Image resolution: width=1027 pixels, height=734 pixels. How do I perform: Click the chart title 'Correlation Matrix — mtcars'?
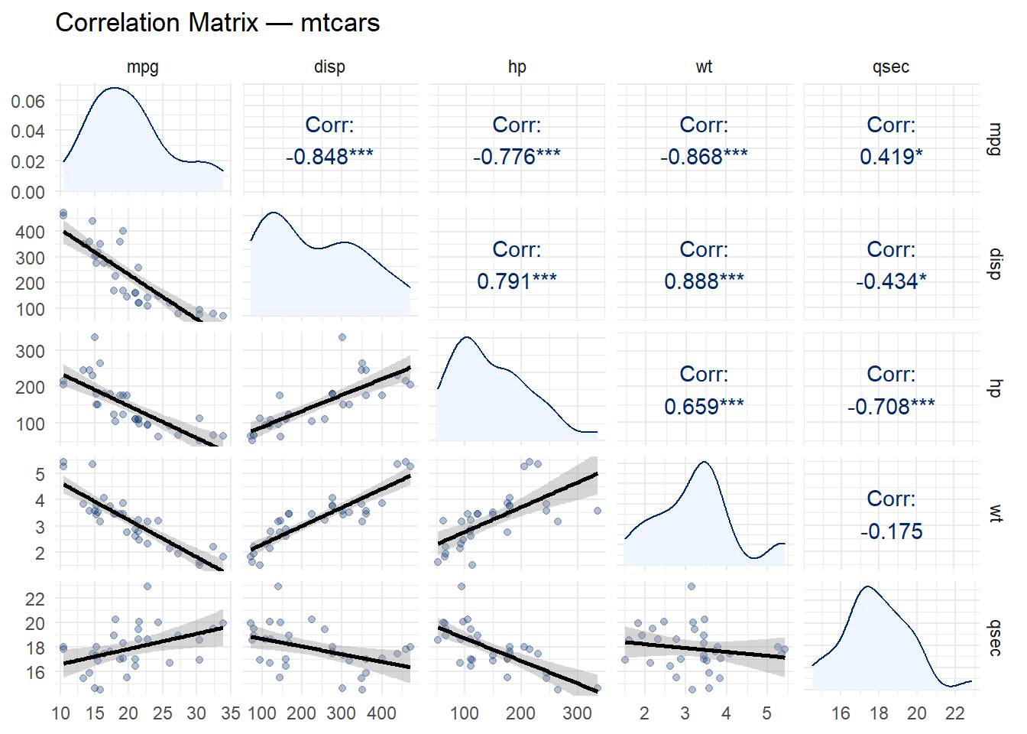tap(218, 23)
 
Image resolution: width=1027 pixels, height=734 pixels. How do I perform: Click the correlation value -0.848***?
tap(329, 157)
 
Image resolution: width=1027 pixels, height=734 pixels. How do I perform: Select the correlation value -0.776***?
tap(517, 157)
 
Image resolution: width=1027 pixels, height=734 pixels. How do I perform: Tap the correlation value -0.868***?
tap(704, 157)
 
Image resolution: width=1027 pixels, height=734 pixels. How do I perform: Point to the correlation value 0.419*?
tap(891, 157)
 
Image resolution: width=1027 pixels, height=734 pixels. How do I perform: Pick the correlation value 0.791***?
tap(517, 281)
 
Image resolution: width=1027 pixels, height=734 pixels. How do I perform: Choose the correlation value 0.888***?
tap(704, 281)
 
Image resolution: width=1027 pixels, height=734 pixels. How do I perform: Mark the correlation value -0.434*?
tap(891, 281)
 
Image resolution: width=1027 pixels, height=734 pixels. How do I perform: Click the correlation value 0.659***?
tap(704, 406)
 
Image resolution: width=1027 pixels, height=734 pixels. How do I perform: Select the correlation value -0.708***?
tap(891, 406)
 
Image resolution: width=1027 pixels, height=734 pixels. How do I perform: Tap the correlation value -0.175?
tap(891, 531)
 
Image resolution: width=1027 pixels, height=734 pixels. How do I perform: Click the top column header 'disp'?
tap(329, 67)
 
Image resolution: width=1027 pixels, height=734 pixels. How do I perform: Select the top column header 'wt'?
tap(704, 67)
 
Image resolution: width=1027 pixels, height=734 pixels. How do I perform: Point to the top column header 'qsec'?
tap(891, 67)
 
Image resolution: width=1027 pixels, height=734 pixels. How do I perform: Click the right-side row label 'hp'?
tap(994, 388)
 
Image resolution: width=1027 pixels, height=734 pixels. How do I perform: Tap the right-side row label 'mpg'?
tap(994, 138)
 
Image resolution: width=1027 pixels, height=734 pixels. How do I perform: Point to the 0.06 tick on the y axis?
tap(28, 101)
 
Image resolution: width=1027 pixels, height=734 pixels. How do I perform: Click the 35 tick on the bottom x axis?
tap(231, 713)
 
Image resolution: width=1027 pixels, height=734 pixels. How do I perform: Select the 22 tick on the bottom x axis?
tap(955, 713)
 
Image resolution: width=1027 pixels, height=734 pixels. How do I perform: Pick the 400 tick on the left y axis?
tap(30, 232)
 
